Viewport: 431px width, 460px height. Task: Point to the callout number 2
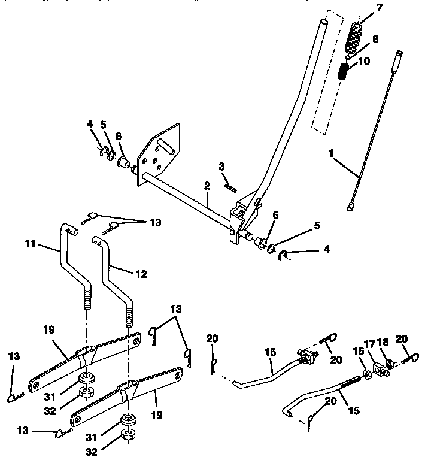tap(206, 187)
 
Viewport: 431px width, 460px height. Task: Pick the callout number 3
tap(221, 166)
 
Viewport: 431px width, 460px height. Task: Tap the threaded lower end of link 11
tap(86, 297)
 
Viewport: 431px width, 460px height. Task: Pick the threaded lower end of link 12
tap(129, 314)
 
